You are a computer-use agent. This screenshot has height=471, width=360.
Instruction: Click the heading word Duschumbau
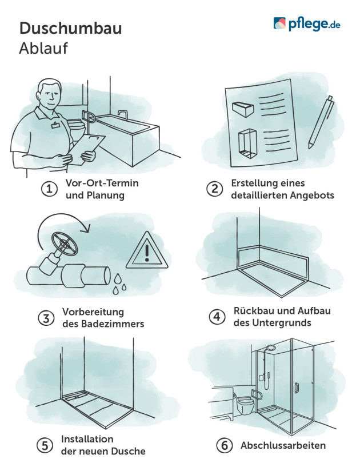pyautogui.click(x=70, y=28)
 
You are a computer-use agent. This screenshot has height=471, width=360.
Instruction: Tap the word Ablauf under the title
pyautogui.click(x=43, y=49)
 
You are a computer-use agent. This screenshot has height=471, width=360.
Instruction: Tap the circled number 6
pyautogui.click(x=223, y=445)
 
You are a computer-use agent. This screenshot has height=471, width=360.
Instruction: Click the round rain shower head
pyautogui.click(x=270, y=349)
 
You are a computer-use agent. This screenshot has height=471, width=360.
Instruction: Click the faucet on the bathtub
pyautogui.click(x=122, y=113)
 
